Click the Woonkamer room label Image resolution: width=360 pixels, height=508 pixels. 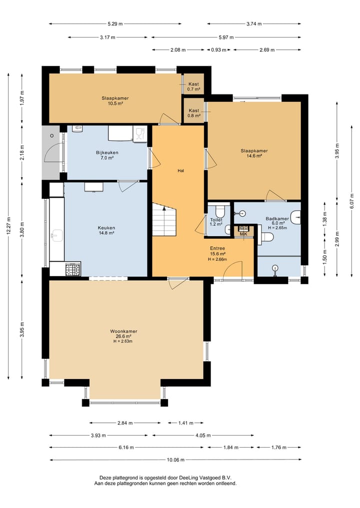[x=123, y=332]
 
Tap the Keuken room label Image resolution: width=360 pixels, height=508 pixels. [x=106, y=228]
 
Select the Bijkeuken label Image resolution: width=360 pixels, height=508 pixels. [x=107, y=152]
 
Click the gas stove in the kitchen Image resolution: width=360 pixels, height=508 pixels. [x=73, y=270]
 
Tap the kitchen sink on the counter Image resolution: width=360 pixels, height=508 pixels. [x=57, y=235]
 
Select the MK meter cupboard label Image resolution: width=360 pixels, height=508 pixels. [x=243, y=234]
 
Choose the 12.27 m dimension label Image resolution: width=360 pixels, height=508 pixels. [x=8, y=226]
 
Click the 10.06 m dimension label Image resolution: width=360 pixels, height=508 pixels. [x=175, y=460]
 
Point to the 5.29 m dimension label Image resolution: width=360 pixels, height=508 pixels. [x=115, y=23]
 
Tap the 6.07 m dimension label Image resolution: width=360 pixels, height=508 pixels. [x=352, y=201]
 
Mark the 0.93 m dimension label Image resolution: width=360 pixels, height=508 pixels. [x=218, y=50]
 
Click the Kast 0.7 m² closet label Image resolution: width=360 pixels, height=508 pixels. [x=193, y=86]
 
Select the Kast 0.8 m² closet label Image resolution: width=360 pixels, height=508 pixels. [x=194, y=113]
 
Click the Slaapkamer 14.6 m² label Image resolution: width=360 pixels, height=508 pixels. [x=254, y=153]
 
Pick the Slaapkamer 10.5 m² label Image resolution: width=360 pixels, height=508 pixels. [x=115, y=101]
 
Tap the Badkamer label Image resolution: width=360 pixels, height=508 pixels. [x=277, y=219]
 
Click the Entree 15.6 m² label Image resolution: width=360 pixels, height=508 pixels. [x=217, y=251]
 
